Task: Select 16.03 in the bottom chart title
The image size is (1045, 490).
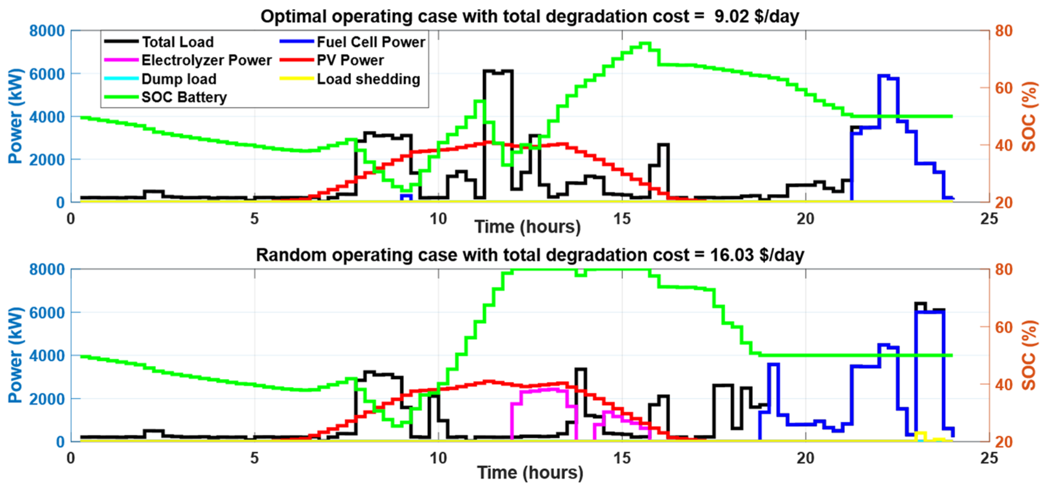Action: (x=731, y=255)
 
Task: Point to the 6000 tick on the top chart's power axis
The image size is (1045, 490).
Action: (x=47, y=74)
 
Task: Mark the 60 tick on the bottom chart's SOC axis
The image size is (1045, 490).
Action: (x=1004, y=327)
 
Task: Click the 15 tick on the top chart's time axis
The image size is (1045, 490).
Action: (x=622, y=219)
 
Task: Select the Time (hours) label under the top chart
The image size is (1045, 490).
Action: (x=527, y=227)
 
